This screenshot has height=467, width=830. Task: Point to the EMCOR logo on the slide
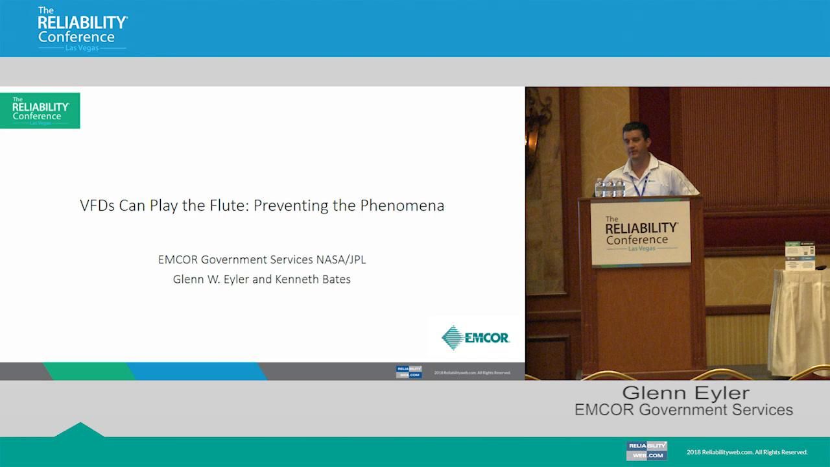click(475, 338)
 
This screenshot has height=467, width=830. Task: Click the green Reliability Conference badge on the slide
click(40, 111)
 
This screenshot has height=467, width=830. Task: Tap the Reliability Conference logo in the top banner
click(82, 29)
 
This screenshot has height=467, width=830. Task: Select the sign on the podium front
click(641, 233)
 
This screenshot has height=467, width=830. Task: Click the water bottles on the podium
click(609, 187)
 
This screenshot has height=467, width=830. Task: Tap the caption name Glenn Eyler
click(685, 393)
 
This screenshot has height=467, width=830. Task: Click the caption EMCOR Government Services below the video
click(683, 410)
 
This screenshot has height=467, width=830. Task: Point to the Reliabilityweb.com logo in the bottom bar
click(646, 451)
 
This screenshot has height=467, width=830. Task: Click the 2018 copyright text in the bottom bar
click(746, 452)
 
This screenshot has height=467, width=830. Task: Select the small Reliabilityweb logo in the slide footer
click(409, 372)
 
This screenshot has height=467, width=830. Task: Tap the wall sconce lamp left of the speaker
click(536, 130)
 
